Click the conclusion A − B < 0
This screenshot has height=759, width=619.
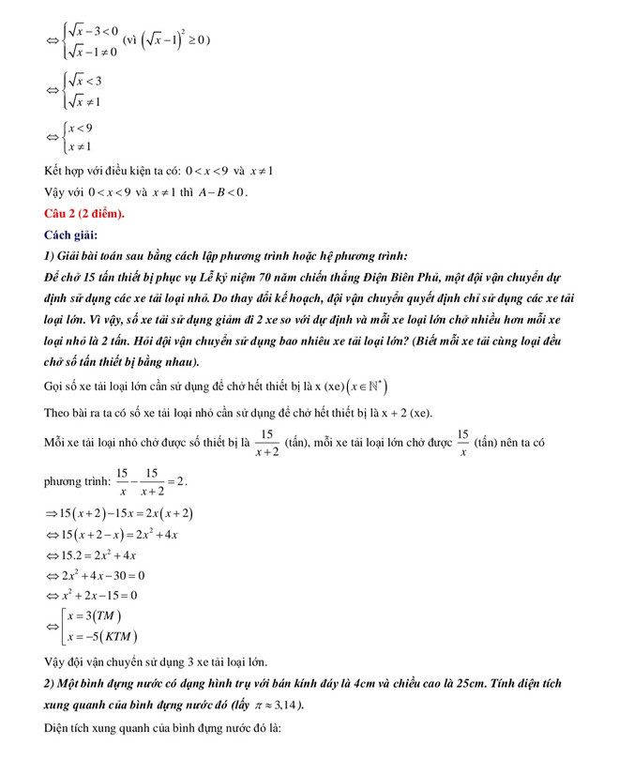click(x=219, y=192)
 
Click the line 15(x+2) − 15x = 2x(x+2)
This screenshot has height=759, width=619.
click(x=126, y=512)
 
